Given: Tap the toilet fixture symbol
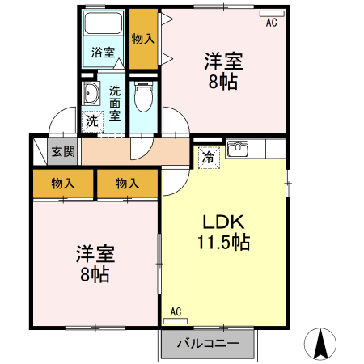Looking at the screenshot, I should coord(144,99).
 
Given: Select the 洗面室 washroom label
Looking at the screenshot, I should coord(115,102).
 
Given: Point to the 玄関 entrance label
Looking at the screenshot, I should coord(63,151).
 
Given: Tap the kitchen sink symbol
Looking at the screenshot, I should coord(238,149).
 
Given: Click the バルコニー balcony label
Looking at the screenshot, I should coord(208,344).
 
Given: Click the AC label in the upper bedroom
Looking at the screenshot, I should coord(271,23).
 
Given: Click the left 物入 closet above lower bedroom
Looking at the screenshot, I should coord(63,184).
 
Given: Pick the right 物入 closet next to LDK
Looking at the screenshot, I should coord(127,184).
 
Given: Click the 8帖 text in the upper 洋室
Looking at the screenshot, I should coord(223,83).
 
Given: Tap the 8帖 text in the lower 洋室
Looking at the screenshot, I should coord(95,273).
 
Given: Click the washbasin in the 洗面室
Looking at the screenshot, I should coord(90,95).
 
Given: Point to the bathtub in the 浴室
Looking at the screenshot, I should coord(103,25).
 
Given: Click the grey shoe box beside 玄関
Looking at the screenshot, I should coord(39,151).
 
